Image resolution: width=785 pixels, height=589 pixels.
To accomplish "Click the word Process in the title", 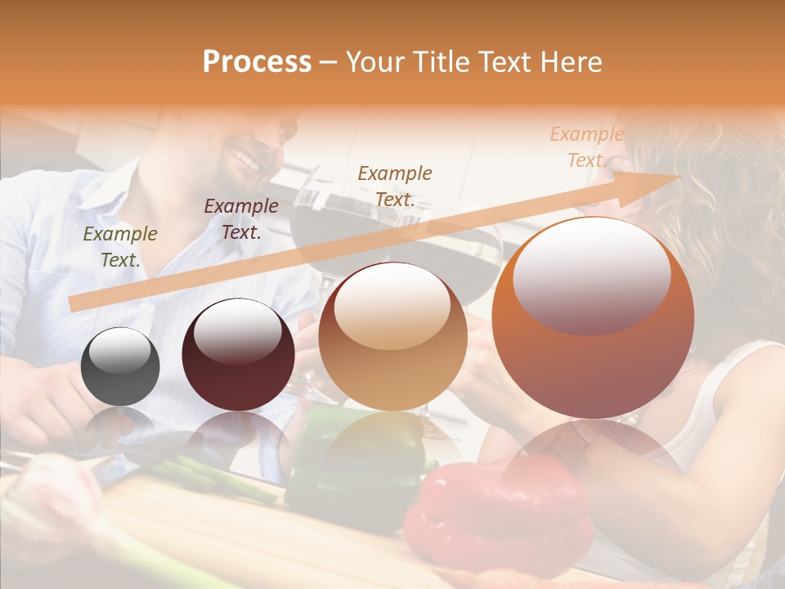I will point(257,62).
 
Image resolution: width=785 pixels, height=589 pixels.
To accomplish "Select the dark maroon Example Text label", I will point(241,219).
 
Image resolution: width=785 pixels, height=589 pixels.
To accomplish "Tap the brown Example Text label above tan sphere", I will point(395,186).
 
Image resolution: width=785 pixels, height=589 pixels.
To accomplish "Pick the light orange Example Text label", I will point(586,147).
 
